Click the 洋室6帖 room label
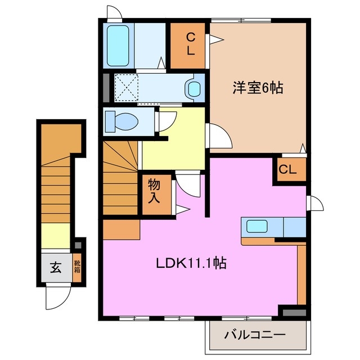click(x=258, y=88)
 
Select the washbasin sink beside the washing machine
click(x=194, y=88)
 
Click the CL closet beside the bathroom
click(x=190, y=44)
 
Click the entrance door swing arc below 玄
click(x=58, y=295)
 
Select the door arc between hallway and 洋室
click(x=219, y=136)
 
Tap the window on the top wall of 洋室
click(x=242, y=21)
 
